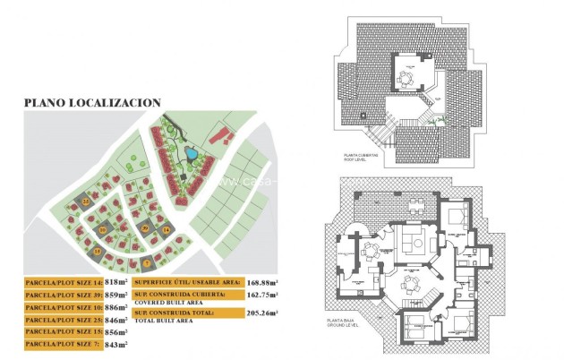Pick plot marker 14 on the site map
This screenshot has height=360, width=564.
click(165, 231)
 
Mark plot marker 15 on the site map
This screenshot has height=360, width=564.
click(98, 252)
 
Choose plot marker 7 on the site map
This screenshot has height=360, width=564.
click(146, 262)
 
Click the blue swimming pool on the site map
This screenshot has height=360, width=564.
click(191, 155)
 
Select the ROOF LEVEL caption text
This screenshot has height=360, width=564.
click(358, 159)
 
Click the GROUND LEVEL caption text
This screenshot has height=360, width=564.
click(345, 329)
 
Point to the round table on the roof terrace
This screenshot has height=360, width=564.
click(406, 77)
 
